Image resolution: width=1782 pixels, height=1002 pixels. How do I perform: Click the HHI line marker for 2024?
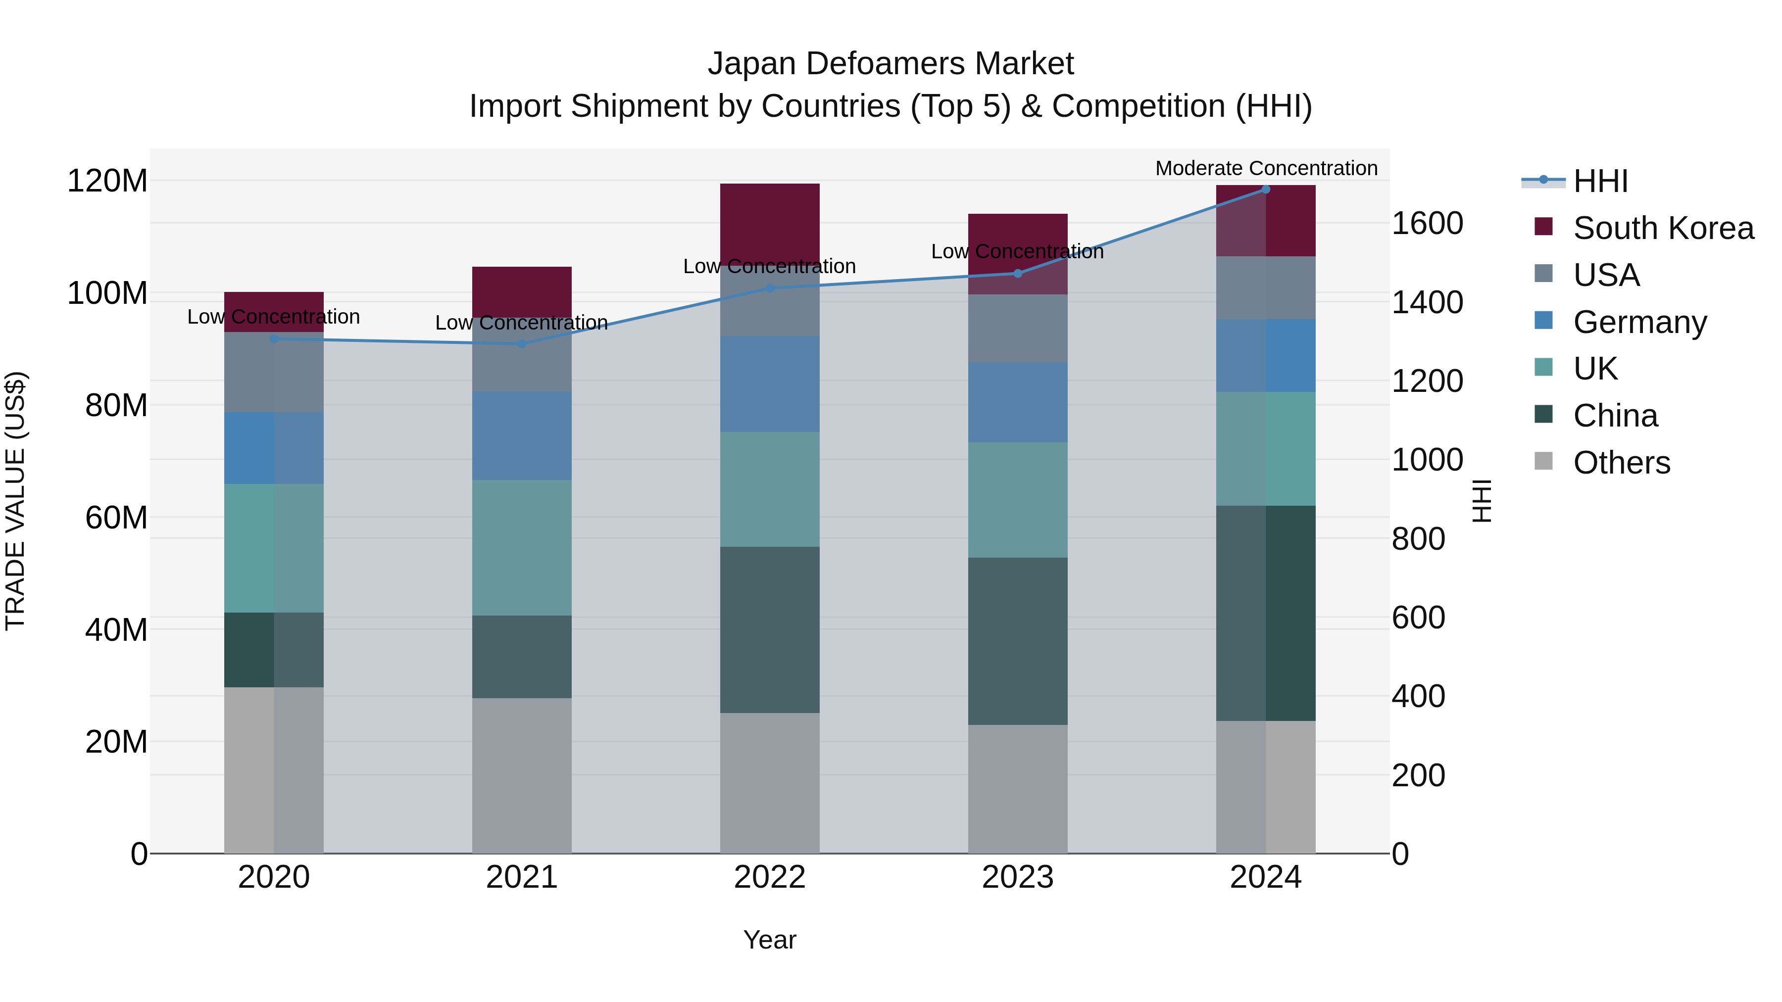pos(1265,190)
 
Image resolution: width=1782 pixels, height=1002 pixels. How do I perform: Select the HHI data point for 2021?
pos(522,344)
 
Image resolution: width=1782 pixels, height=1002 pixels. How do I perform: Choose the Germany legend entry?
pos(1639,322)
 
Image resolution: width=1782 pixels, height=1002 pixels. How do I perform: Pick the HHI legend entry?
pos(1600,181)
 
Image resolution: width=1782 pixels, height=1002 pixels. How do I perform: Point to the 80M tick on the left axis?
pos(116,406)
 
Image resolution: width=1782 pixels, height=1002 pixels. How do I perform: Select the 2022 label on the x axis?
pos(769,877)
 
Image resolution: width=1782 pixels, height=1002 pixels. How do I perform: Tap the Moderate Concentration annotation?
pos(1266,168)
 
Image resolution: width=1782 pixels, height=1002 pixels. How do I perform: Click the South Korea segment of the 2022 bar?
pos(769,223)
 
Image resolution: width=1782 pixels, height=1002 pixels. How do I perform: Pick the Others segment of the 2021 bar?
pos(522,774)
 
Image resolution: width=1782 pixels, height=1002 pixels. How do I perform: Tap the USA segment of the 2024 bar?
pos(1265,287)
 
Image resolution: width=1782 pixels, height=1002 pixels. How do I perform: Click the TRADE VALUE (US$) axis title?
pos(16,501)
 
